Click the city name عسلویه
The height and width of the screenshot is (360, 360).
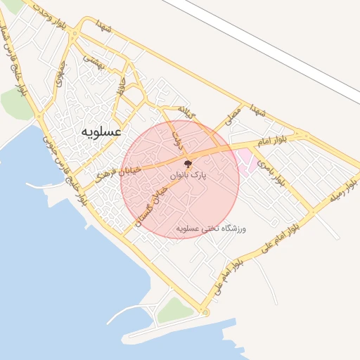click(101, 131)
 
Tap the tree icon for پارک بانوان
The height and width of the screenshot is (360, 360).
click(187, 163)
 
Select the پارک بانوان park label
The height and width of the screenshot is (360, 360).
click(187, 174)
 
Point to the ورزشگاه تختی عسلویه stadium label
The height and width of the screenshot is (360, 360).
click(220, 229)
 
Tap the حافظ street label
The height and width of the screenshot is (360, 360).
click(122, 88)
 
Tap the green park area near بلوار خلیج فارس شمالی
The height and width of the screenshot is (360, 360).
click(15, 104)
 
